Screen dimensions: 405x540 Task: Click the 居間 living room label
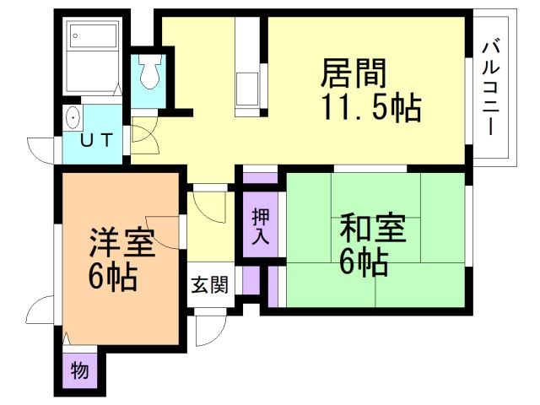click(353, 73)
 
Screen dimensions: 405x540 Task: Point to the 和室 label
click(372, 229)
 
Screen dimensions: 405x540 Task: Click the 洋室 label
click(121, 245)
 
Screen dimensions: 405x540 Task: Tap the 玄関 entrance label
click(208, 285)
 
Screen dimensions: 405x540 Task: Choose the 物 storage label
click(78, 370)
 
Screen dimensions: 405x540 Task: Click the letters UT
click(95, 142)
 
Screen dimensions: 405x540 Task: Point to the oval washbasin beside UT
click(73, 118)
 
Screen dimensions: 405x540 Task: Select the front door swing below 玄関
click(208, 329)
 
